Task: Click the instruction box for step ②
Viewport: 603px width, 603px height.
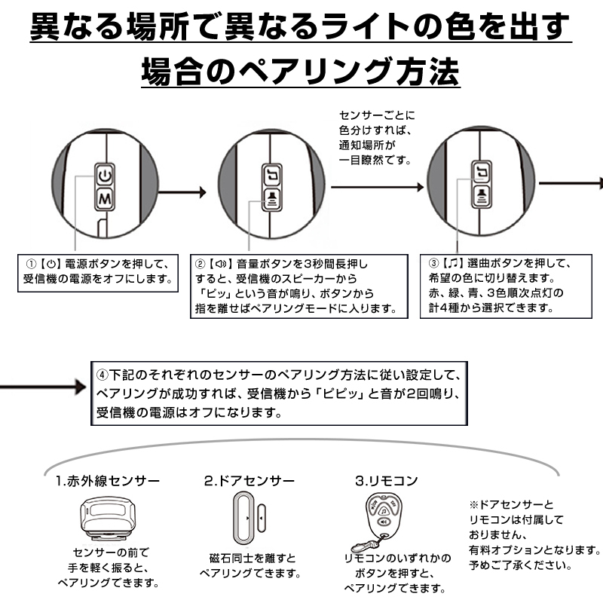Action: point(295,286)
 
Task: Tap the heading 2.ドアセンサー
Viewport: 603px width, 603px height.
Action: point(249,480)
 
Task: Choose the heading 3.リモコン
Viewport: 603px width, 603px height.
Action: point(386,480)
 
